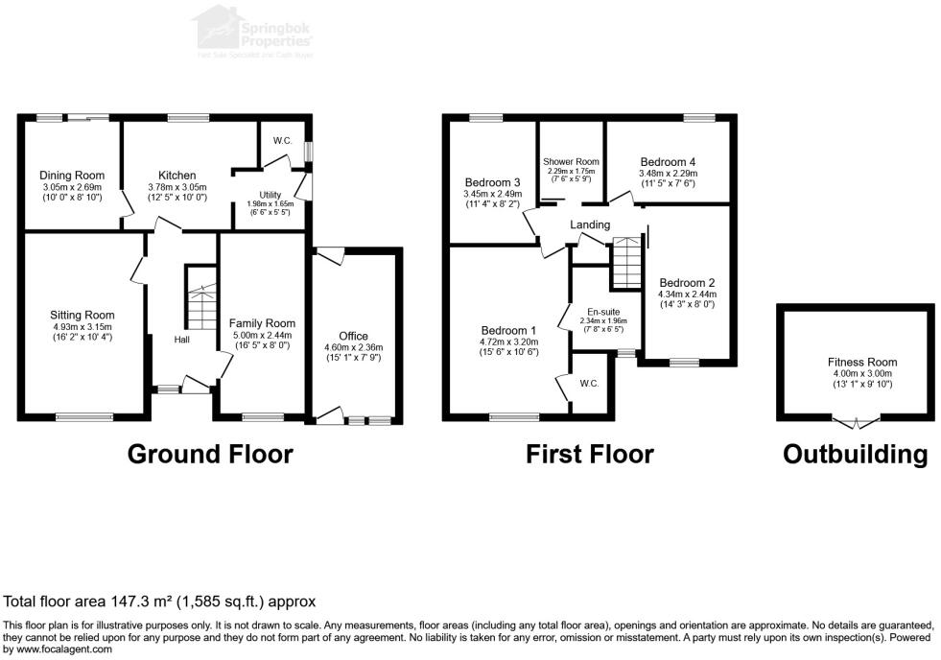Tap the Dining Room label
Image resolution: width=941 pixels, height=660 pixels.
tap(72, 176)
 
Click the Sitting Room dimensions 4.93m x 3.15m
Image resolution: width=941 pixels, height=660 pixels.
tap(82, 326)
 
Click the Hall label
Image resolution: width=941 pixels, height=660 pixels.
tap(182, 340)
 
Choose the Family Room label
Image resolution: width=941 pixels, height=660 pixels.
tap(262, 323)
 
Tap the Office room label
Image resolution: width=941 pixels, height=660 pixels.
tap(354, 336)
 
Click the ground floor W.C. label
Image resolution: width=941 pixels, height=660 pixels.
tap(282, 141)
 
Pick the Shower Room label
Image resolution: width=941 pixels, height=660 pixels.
tap(571, 161)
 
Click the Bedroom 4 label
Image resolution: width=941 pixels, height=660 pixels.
tap(669, 162)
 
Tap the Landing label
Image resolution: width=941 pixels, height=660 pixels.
tap(590, 224)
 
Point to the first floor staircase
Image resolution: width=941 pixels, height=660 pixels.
tap(625, 262)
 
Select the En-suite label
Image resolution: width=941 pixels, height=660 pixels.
tap(602, 310)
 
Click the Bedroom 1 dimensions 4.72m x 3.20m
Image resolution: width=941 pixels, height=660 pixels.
tap(509, 341)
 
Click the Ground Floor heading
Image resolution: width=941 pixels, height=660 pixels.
tap(210, 454)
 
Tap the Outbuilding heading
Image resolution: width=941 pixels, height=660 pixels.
tap(855, 454)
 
